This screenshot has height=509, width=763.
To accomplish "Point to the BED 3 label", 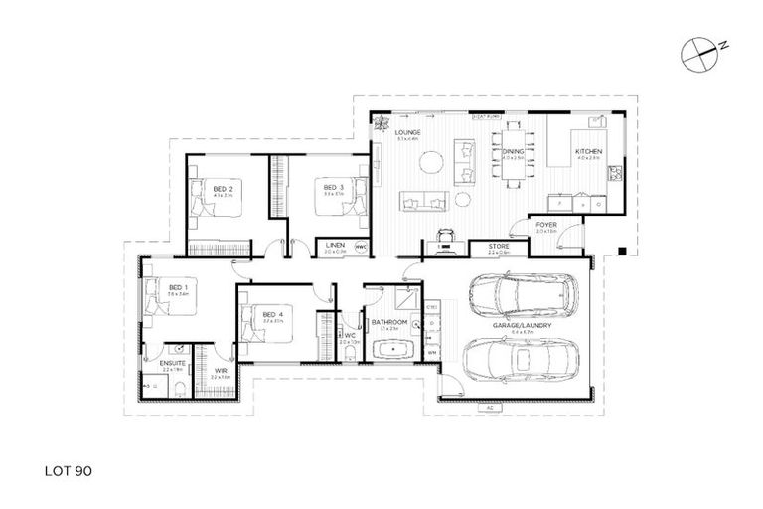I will (333, 187).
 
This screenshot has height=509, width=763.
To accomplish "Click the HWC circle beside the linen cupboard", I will (361, 247).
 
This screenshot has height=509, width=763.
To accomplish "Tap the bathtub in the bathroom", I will (394, 351).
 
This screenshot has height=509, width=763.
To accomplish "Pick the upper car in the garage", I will (516, 292).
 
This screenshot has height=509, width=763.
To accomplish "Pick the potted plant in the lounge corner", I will (379, 124).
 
